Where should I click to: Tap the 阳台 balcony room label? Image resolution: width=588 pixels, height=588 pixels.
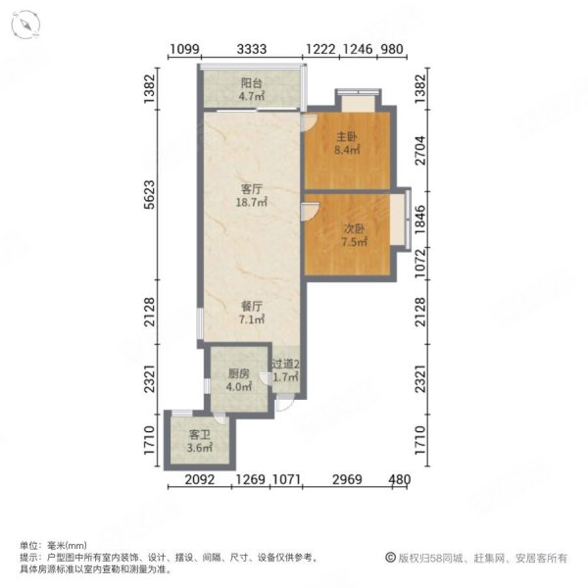point(252,83)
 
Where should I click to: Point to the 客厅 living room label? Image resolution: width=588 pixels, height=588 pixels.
point(252,188)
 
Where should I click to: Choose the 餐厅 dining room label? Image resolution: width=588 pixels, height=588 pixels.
point(252,305)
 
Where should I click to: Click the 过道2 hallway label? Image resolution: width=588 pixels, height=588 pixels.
point(285,364)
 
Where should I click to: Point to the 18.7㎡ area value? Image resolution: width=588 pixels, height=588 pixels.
point(252,202)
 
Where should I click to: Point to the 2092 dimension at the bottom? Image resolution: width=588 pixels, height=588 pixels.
point(202,479)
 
